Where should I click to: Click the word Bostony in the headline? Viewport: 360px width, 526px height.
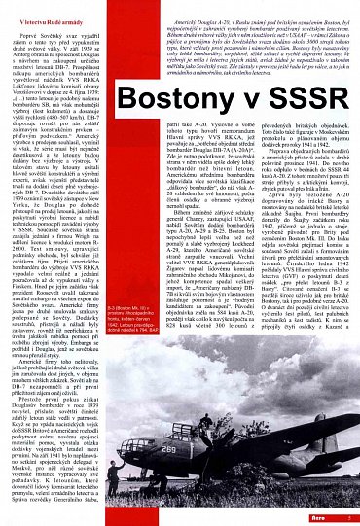pos(200,75)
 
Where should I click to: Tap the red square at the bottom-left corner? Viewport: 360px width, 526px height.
pos(5,518)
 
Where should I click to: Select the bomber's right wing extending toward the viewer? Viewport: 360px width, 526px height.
pos(243,476)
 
